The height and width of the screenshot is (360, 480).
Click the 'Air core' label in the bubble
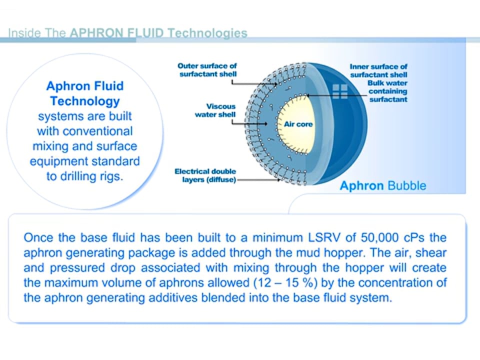click(298, 124)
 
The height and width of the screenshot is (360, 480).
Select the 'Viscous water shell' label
click(215, 110)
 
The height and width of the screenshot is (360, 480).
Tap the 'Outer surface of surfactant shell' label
click(207, 70)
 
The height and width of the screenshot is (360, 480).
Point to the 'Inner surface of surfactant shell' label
click(378, 70)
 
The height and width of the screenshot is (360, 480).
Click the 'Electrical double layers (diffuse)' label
click(205, 175)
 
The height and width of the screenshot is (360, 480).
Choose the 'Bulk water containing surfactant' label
click(387, 91)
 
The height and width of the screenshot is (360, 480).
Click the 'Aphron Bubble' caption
click(383, 186)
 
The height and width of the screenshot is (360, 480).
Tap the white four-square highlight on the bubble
click(340, 91)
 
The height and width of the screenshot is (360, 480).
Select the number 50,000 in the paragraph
click(380, 237)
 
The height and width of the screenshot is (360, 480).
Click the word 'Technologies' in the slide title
click(207, 33)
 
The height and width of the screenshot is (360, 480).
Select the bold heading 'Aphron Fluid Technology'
click(85, 93)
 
